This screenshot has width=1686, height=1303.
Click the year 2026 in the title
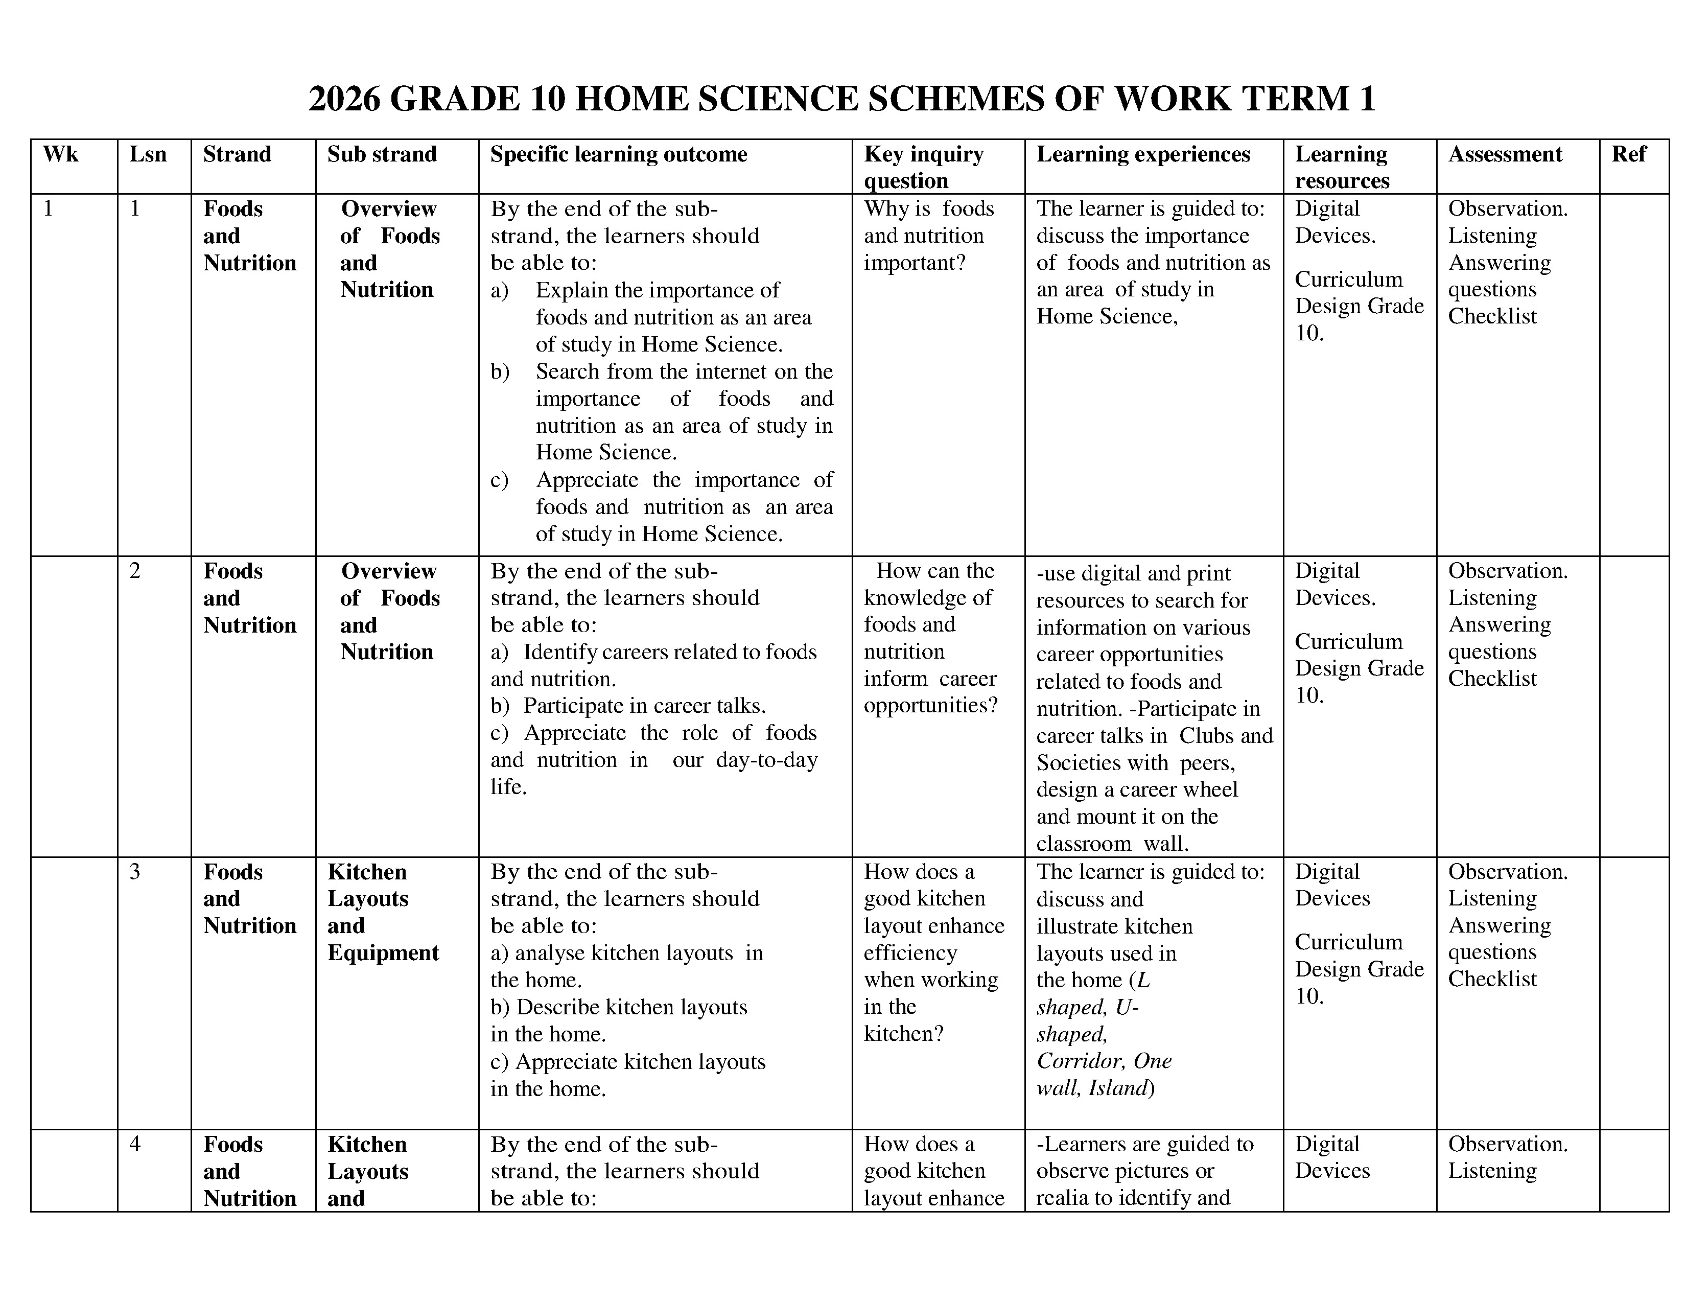[344, 100]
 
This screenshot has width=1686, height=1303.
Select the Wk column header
[61, 154]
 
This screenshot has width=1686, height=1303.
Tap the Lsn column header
[148, 154]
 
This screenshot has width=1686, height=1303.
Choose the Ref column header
[1629, 154]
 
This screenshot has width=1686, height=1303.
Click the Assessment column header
[1505, 154]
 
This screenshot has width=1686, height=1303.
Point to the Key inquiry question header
[923, 167]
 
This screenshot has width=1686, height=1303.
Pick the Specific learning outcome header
[618, 154]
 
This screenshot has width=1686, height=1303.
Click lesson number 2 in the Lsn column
[135, 571]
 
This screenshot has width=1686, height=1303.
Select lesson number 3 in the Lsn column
[135, 872]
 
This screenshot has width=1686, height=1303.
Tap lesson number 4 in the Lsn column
[135, 1144]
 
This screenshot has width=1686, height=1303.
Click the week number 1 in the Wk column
[49, 209]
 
